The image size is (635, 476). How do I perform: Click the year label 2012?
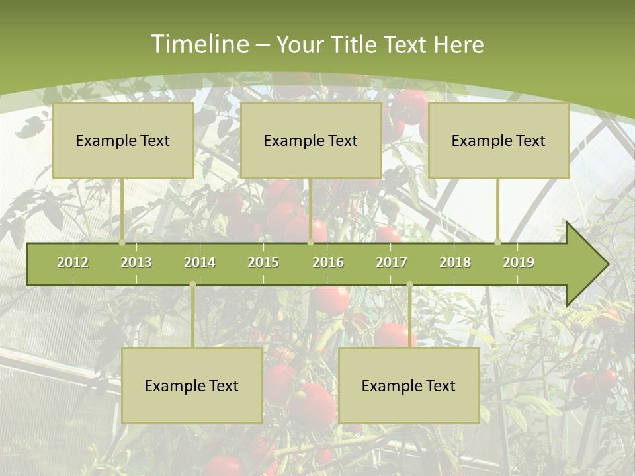pos(73,262)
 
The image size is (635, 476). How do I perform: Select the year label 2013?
pos(136,262)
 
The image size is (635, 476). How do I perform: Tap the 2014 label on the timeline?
pos(200,262)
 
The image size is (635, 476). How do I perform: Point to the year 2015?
pos(263,262)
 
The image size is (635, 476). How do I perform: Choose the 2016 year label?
pos(328,262)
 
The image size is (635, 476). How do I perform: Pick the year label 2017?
pos(392,262)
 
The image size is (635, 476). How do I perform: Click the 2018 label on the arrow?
pos(455,262)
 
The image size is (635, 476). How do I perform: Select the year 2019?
pos(519,262)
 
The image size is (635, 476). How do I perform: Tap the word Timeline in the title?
pos(199,44)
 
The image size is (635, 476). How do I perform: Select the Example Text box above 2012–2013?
pos(123,140)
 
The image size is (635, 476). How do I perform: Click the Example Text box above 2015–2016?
pos(311,140)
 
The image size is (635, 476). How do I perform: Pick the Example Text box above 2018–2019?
pos(499,140)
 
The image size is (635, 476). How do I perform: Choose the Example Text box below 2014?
pos(192,385)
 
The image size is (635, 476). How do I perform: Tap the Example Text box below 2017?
pos(409,385)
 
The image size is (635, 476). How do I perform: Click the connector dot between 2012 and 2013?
pos(122,243)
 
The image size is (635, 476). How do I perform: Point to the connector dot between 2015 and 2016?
pos(310,243)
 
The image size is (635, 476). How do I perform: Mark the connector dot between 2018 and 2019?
pos(498,243)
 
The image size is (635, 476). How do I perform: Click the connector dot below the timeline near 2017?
pos(409,284)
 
